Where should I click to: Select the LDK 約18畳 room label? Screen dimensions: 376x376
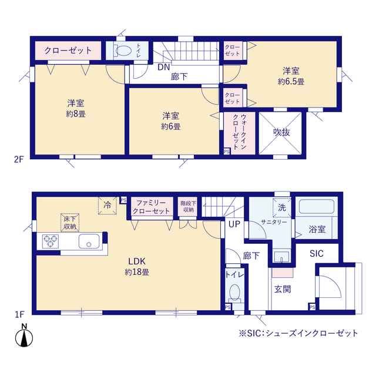click(x=136, y=266)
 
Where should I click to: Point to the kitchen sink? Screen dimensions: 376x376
click(x=90, y=241)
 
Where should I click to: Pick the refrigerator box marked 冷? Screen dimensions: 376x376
click(x=108, y=206)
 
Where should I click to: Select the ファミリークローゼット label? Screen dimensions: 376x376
click(x=150, y=206)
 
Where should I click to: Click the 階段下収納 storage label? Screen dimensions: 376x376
click(x=188, y=206)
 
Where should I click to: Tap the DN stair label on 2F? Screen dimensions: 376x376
click(x=162, y=66)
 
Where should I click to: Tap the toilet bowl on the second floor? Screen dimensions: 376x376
click(x=122, y=51)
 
